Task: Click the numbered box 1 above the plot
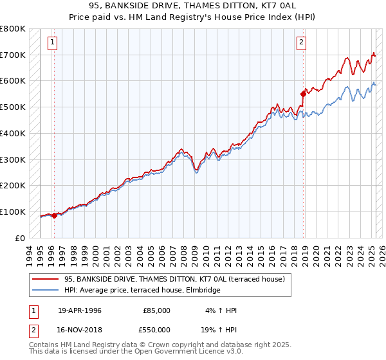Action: pyautogui.click(x=51, y=43)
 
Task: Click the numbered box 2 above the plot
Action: pyautogui.click(x=300, y=43)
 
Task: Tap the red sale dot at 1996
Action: pyautogui.click(x=54, y=215)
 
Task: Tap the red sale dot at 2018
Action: pyautogui.click(x=302, y=94)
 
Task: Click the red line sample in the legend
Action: pyautogui.click(x=46, y=278)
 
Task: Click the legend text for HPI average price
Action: pyautogui.click(x=142, y=290)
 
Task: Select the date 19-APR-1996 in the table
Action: pyautogui.click(x=80, y=310)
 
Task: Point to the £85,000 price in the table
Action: pyautogui.click(x=156, y=310)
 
